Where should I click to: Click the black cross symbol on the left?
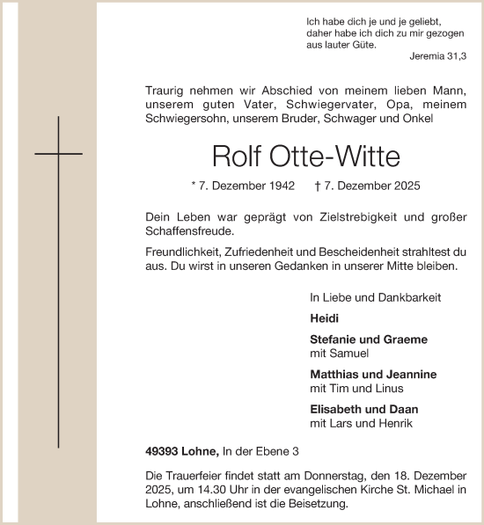point(58,155)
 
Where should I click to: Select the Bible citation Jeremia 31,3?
point(438,56)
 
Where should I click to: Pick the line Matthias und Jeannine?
point(373,375)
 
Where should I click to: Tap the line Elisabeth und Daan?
point(363,409)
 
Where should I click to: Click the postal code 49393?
point(163,451)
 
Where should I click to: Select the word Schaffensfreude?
point(189,231)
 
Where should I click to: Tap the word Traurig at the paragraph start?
point(166,90)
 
